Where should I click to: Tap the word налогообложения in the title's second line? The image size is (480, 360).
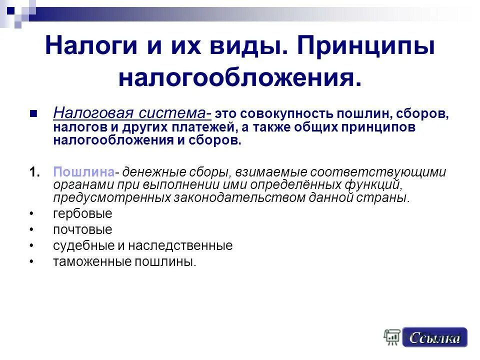pyautogui.click(x=239, y=77)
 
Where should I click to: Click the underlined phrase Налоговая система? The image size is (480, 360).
pyautogui.click(x=130, y=113)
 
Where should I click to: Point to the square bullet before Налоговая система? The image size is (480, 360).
pyautogui.click(x=34, y=113)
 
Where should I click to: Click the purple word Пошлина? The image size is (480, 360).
pyautogui.click(x=83, y=172)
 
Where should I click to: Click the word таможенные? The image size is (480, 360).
pyautogui.click(x=83, y=262)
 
